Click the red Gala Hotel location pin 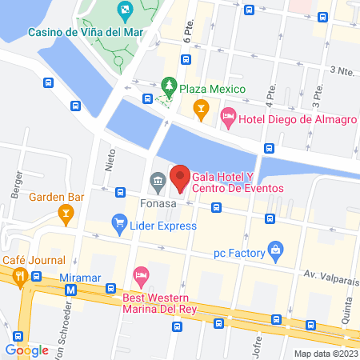coord(179,177)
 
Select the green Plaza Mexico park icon coord(169,85)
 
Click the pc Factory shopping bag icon coord(276,250)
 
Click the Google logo coord(26,349)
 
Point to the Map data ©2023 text coord(325,353)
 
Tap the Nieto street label coord(110,164)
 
